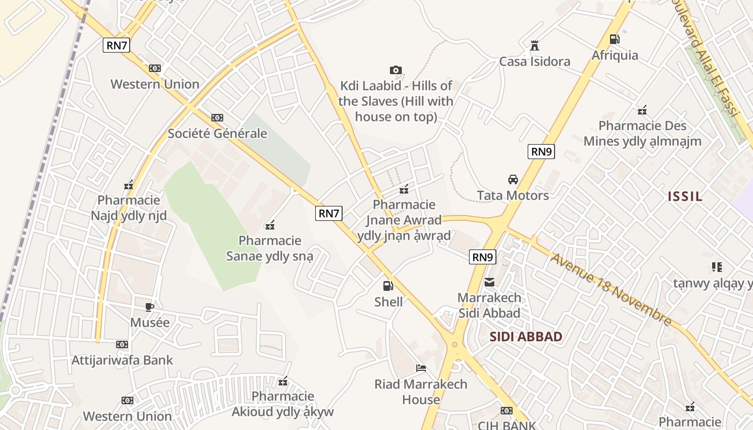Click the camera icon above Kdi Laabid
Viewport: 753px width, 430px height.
point(395,70)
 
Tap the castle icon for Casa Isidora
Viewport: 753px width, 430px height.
point(534,46)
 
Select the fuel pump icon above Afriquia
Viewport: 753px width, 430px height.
point(614,39)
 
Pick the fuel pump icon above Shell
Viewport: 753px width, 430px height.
point(388,286)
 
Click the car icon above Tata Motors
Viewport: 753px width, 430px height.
point(513,180)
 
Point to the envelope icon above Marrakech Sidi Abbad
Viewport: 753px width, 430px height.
point(489,282)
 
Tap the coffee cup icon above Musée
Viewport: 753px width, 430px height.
point(150,307)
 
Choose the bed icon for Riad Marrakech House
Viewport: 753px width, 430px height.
point(421,368)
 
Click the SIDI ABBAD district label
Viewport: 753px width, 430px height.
point(526,337)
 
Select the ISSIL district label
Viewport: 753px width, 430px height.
point(685,196)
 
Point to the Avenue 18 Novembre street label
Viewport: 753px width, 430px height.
point(611,289)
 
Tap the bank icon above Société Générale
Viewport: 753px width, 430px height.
point(217,117)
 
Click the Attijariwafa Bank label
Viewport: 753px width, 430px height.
point(122,360)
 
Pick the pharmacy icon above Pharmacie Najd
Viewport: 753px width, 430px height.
point(129,185)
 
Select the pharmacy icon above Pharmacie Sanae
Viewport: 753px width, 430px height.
point(271,225)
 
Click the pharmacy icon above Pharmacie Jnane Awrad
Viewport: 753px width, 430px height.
point(404,189)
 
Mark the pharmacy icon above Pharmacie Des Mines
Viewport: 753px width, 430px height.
point(642,111)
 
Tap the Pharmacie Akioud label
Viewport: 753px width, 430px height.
point(283,404)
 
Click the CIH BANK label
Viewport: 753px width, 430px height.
point(507,425)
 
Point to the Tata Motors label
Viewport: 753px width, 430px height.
point(513,195)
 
